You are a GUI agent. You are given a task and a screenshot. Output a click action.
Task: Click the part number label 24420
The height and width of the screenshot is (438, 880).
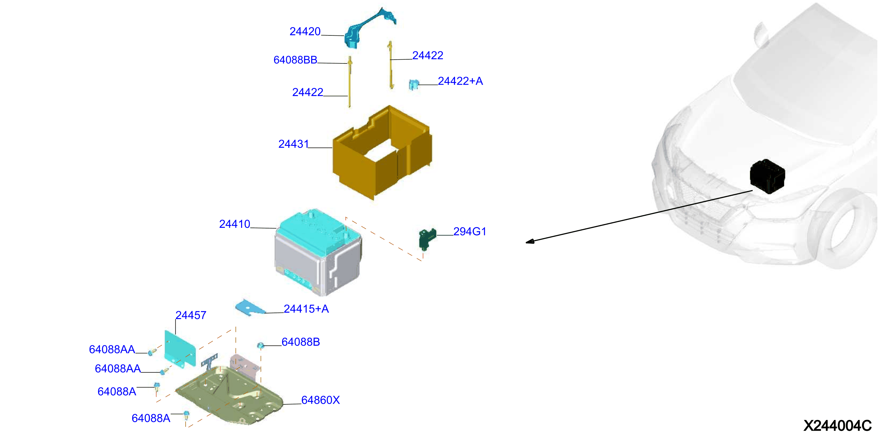(x=305, y=31)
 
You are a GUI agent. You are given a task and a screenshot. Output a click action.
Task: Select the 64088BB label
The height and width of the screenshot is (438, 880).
(x=295, y=60)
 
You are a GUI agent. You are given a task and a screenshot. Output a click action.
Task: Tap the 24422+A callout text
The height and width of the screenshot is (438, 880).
(x=460, y=81)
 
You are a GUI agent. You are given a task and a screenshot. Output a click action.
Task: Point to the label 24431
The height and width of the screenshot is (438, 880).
(x=293, y=144)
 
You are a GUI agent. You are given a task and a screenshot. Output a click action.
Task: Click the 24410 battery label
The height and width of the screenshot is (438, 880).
(x=235, y=224)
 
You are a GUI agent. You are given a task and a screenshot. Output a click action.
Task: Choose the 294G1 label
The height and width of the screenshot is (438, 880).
(x=470, y=231)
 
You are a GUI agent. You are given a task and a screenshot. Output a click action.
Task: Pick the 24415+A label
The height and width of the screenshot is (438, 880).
(x=306, y=308)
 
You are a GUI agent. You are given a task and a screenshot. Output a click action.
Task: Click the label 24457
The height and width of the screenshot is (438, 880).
(x=191, y=315)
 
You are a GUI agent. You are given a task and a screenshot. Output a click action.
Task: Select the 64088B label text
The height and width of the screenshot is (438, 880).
(x=301, y=342)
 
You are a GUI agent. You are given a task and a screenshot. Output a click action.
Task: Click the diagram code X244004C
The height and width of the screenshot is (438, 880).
(x=837, y=426)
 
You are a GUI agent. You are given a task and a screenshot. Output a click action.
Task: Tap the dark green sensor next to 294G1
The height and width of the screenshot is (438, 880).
(x=427, y=238)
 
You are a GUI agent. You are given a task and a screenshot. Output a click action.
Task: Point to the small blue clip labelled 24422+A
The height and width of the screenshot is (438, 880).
(x=414, y=84)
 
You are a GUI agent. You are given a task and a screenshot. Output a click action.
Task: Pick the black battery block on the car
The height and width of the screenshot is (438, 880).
(x=767, y=176)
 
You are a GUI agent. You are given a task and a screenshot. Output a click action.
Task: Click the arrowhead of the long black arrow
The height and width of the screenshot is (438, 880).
(x=529, y=241)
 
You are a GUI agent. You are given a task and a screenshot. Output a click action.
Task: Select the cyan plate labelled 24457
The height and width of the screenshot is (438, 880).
(x=180, y=349)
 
